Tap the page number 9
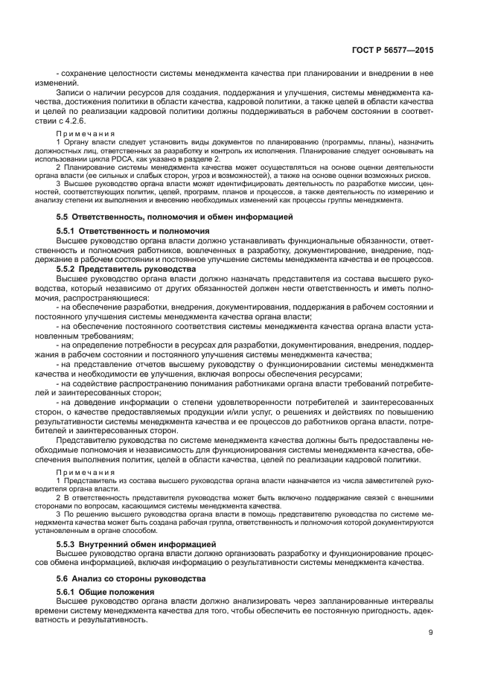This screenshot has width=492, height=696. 431,633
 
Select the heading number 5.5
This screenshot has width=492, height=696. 63,217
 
